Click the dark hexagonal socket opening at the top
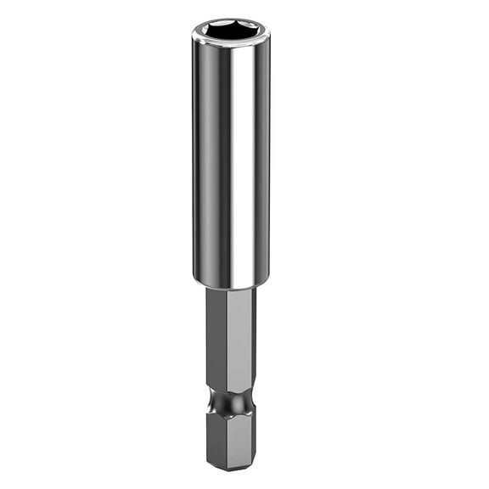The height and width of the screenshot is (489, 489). click(x=229, y=31)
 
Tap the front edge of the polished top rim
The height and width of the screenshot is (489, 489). click(x=230, y=42)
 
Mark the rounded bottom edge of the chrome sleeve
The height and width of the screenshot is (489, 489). click(x=231, y=284)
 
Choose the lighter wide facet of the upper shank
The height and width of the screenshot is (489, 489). click(x=238, y=340)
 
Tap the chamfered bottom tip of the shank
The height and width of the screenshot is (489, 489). click(x=231, y=465)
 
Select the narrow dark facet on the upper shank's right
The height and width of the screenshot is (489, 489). click(x=253, y=340)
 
